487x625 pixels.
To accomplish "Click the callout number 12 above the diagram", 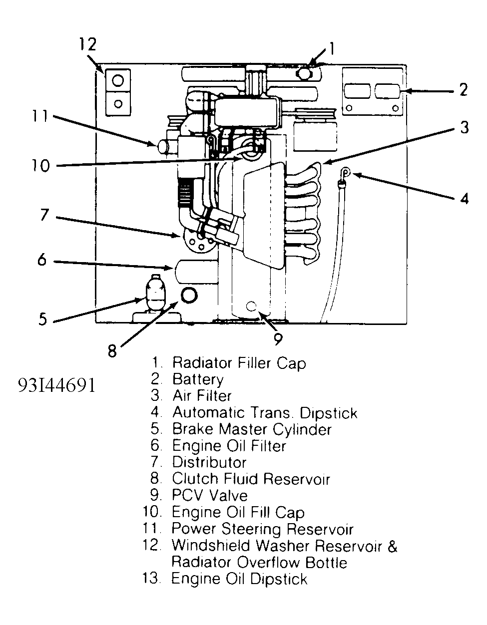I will pyautogui.click(x=87, y=44).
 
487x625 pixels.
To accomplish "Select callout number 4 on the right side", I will pyautogui.click(x=465, y=198).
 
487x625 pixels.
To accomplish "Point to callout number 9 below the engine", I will pyautogui.click(x=278, y=339).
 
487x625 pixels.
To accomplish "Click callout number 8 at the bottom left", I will pyautogui.click(x=112, y=351).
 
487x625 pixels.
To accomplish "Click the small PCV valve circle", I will pyautogui.click(x=251, y=306).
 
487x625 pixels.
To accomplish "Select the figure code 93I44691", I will pyautogui.click(x=56, y=385).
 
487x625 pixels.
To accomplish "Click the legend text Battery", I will pyautogui.click(x=197, y=379).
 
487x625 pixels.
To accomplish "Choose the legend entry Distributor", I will pyautogui.click(x=209, y=462).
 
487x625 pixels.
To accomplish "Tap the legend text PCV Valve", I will pyautogui.click(x=209, y=495).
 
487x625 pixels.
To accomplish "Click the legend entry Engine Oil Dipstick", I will pyautogui.click(x=239, y=579).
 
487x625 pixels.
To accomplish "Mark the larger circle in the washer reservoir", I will pyautogui.click(x=118, y=80).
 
